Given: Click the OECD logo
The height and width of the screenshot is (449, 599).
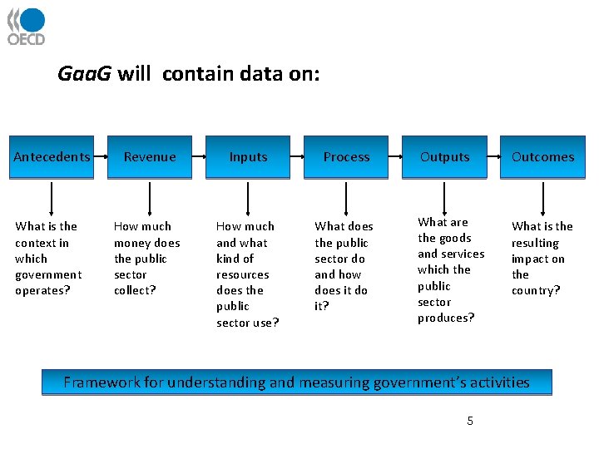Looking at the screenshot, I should pyautogui.click(x=27, y=26).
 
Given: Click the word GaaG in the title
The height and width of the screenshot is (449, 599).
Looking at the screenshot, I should pyautogui.click(x=84, y=74).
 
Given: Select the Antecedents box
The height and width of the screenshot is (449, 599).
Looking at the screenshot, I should pyautogui.click(x=52, y=157).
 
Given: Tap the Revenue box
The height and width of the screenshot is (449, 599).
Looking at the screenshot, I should pyautogui.click(x=150, y=157).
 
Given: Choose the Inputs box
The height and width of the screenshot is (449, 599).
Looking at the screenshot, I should pyautogui.click(x=248, y=157).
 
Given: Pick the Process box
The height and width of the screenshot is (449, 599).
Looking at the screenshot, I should pyautogui.click(x=346, y=157).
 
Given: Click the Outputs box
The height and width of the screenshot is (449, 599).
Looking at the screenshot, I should pyautogui.click(x=444, y=157).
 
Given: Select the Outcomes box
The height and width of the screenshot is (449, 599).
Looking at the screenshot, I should pyautogui.click(x=542, y=157).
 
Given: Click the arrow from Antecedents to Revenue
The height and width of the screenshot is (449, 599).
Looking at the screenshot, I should pyautogui.click(x=101, y=157).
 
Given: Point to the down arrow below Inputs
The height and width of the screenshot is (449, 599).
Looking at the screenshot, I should pyautogui.click(x=248, y=199).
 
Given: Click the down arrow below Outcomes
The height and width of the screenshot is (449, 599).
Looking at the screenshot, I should pyautogui.click(x=542, y=199).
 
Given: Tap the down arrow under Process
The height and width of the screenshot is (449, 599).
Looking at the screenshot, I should pyautogui.click(x=346, y=199).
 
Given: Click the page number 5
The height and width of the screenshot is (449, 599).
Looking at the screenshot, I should pyautogui.click(x=470, y=422).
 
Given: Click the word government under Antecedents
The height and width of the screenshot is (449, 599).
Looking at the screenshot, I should pyautogui.click(x=48, y=274).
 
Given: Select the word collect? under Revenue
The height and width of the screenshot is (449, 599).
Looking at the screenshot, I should pyautogui.click(x=135, y=290).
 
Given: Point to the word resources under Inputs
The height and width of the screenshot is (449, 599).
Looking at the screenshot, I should pyautogui.click(x=242, y=274).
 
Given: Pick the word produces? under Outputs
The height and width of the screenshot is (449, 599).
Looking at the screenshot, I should pyautogui.click(x=446, y=318).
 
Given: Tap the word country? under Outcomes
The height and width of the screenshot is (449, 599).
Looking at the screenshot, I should pyautogui.click(x=536, y=290).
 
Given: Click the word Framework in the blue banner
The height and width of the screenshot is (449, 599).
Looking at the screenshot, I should pyautogui.click(x=101, y=382).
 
